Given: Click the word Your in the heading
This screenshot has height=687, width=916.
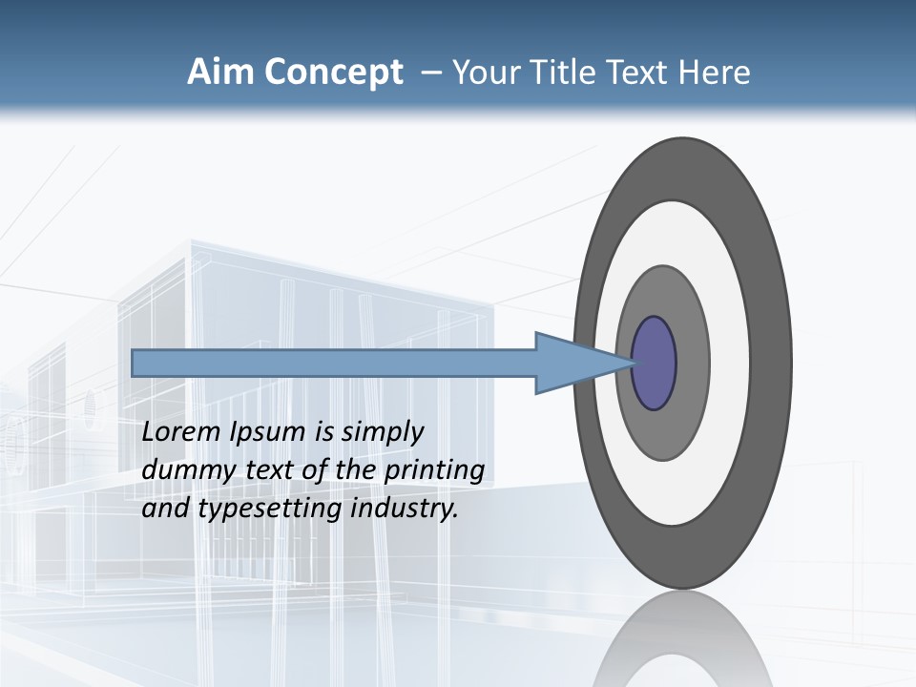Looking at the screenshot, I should point(486,73).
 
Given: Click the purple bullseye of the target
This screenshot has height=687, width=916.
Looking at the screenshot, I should point(655,364).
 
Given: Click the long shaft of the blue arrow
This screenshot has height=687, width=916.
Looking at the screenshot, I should point(334,363).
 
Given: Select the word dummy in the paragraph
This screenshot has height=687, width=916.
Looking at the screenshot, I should point(181,470).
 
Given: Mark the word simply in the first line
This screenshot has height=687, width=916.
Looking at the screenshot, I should point(381,432).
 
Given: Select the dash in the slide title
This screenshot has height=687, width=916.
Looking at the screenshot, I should point(430,73).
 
